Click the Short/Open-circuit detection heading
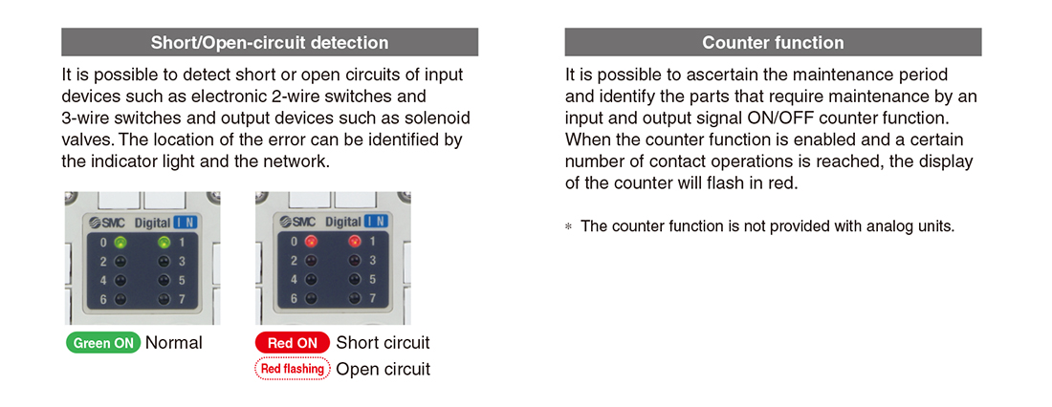pyautogui.click(x=270, y=43)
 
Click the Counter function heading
pyautogui.click(x=773, y=43)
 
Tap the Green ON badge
pyautogui.click(x=103, y=343)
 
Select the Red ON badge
pyautogui.click(x=293, y=343)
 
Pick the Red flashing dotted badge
pyautogui.click(x=293, y=369)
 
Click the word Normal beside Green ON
pyautogui.click(x=174, y=343)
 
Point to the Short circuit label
pyautogui.click(x=383, y=343)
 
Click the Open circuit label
pyautogui.click(x=383, y=369)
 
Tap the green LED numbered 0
pyautogui.click(x=121, y=243)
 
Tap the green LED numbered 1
pyautogui.click(x=164, y=243)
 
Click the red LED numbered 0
pyautogui.click(x=311, y=243)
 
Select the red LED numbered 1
pyautogui.click(x=355, y=243)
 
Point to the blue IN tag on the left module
pyautogui.click(x=186, y=222)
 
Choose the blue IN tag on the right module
pyautogui.click(x=377, y=222)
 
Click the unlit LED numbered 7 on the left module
pyautogui.click(x=164, y=299)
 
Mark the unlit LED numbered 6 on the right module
pyautogui.click(x=311, y=299)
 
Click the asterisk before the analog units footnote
pyautogui.click(x=569, y=227)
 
